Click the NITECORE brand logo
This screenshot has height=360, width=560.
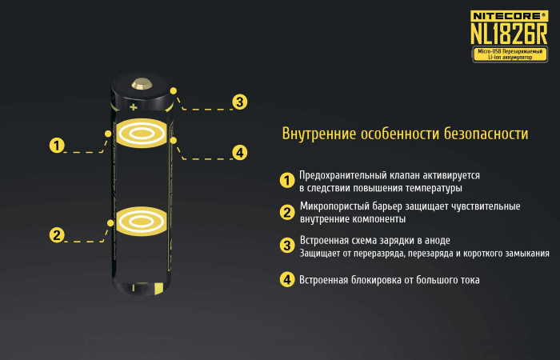click(x=507, y=13)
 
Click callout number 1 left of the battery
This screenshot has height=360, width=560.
click(x=57, y=146)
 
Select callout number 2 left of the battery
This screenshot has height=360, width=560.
click(x=57, y=235)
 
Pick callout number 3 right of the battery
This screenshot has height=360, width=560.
click(x=239, y=102)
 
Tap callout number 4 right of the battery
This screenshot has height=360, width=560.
click(x=239, y=153)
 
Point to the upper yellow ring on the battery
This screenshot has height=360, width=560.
click(x=142, y=133)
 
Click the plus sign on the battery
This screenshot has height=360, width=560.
click(x=133, y=105)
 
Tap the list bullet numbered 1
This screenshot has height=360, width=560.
click(x=287, y=181)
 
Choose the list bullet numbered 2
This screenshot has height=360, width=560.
click(x=287, y=212)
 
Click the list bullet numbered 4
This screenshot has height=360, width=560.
click(x=287, y=280)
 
